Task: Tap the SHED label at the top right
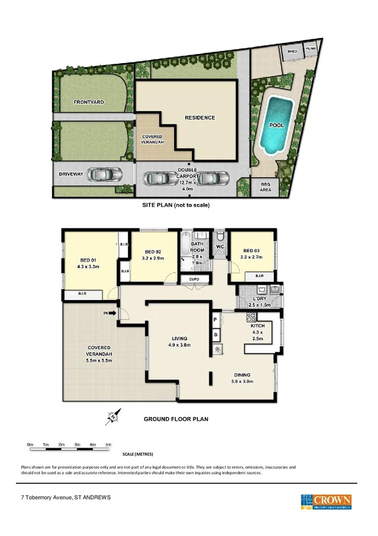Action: (x=292, y=51)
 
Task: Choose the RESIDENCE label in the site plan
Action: (x=200, y=118)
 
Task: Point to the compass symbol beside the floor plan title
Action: (x=111, y=418)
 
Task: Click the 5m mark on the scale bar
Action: (x=108, y=444)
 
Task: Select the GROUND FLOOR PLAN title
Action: (x=176, y=419)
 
